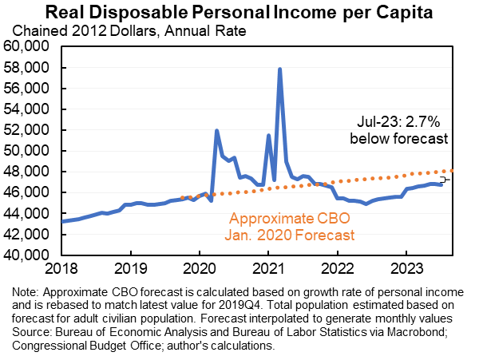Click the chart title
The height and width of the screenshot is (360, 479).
239,13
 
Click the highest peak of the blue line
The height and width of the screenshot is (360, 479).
280,69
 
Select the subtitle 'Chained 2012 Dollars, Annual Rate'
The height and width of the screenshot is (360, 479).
129,32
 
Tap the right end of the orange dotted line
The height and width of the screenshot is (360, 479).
453,170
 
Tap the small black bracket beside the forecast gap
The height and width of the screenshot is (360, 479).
446,180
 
